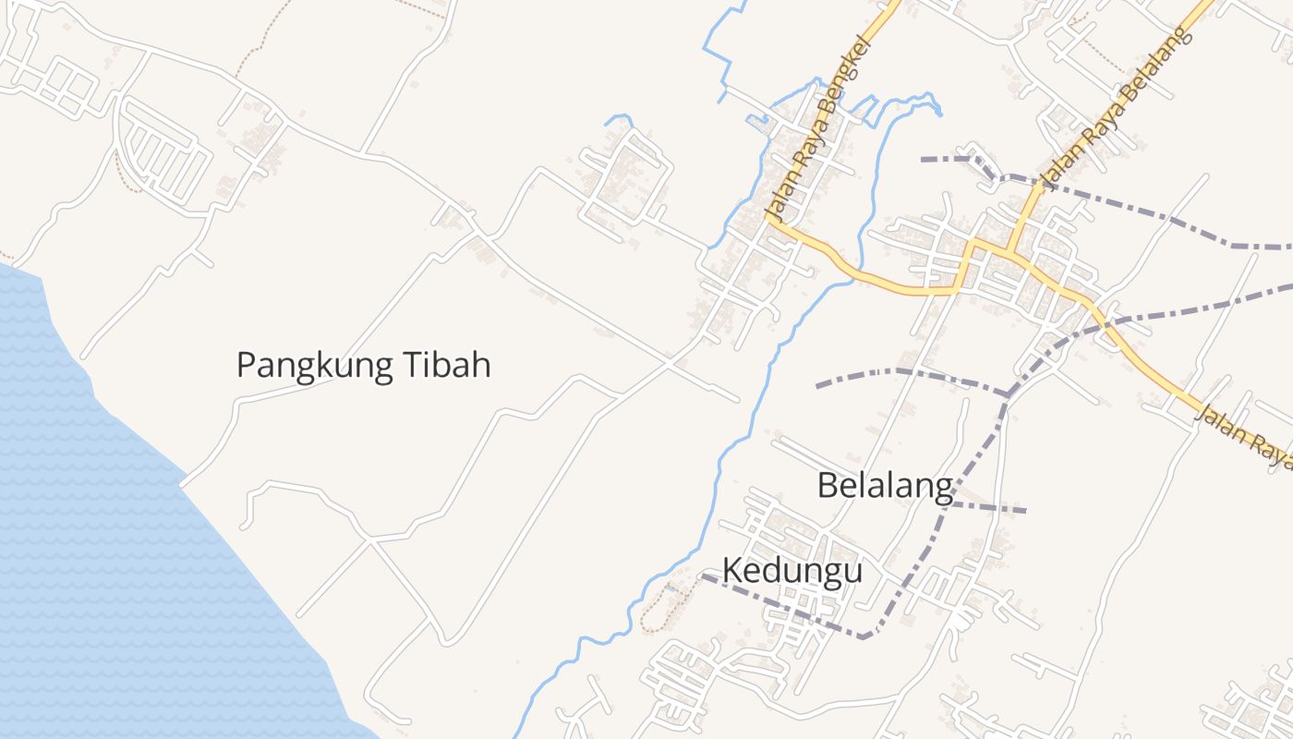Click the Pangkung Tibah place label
coord(363,365)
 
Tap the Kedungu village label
coord(792,571)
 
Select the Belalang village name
coord(885,485)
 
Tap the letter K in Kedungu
coord(731,571)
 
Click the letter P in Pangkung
coord(246,365)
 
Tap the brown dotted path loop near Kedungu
coord(661,610)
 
